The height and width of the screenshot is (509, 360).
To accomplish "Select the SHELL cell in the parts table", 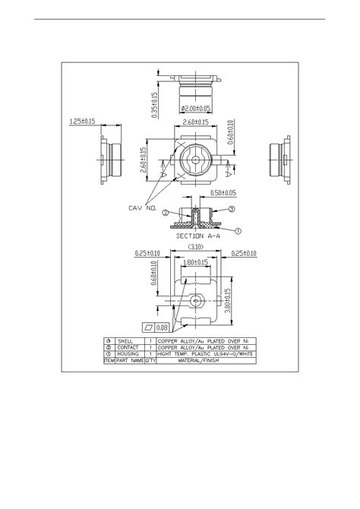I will [125, 341].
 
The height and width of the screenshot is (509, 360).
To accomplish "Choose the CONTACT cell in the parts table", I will [126, 348].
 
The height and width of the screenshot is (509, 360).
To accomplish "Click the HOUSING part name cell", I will [126, 355].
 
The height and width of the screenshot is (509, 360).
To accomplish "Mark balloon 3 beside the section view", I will [232, 208].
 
